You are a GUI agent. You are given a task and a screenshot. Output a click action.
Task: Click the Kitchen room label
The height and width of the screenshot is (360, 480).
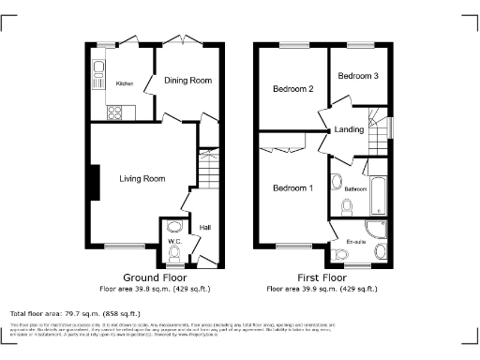[x=124, y=84]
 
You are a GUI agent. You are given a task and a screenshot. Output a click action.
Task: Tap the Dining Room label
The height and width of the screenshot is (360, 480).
[x=187, y=81]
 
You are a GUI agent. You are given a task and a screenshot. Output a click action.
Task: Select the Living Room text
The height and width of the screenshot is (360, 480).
[x=142, y=178]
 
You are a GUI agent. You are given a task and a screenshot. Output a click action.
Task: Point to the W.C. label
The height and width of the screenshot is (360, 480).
[x=174, y=242]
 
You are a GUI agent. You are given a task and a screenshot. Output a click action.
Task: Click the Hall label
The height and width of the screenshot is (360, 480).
[x=204, y=226]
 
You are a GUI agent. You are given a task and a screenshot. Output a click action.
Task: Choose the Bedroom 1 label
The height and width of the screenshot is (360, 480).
[x=292, y=188]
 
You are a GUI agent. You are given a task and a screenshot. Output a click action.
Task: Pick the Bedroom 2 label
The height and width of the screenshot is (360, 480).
[x=292, y=89]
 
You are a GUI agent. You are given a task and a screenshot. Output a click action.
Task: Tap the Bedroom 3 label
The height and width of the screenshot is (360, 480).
[x=358, y=75]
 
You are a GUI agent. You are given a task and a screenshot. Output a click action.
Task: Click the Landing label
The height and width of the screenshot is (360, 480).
[x=349, y=131]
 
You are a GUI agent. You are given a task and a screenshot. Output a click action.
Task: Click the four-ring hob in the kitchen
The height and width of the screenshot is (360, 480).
[x=115, y=112]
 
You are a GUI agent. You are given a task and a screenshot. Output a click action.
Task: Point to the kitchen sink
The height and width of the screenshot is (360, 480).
[x=98, y=67]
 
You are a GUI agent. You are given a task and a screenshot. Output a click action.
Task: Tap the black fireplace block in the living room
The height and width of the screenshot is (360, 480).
[x=95, y=182]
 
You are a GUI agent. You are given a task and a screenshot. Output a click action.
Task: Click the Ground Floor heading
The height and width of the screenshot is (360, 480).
[x=155, y=278]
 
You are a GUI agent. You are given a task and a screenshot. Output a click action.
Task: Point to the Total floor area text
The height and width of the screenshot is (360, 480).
[x=74, y=313]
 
